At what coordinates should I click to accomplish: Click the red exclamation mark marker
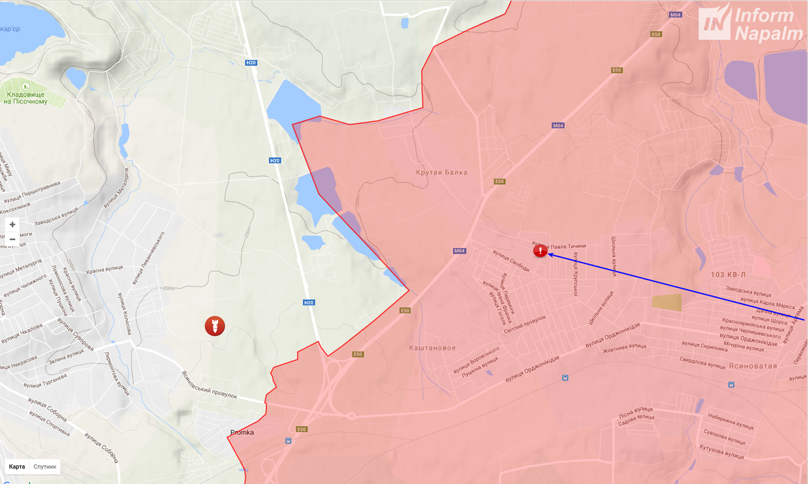540,251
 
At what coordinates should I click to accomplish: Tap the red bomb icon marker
215,326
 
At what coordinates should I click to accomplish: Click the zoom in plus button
12,225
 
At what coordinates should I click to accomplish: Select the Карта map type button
17,466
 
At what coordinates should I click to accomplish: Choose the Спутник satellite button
45,466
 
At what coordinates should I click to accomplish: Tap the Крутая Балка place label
441,173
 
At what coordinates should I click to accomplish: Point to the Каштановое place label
432,348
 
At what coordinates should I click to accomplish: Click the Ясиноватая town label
753,366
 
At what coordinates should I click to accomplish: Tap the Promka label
242,432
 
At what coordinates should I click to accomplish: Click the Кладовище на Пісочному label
25,98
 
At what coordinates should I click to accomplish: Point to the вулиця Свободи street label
511,262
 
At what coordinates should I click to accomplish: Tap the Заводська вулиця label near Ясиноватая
748,291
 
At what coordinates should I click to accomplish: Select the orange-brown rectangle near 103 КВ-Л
667,302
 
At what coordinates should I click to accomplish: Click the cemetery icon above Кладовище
25,86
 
